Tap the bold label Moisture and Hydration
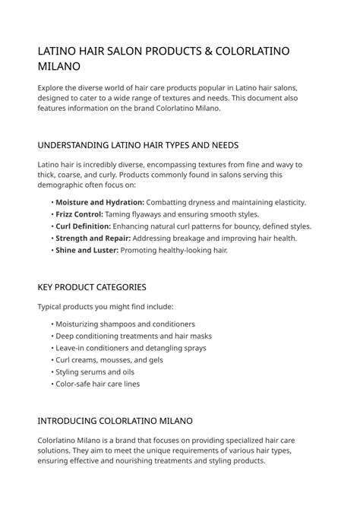99,203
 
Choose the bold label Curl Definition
83,226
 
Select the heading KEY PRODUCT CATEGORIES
91,287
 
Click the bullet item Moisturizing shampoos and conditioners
125,324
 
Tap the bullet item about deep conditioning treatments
133,336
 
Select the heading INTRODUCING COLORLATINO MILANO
115,420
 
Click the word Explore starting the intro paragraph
52,87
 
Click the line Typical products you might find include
106,307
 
